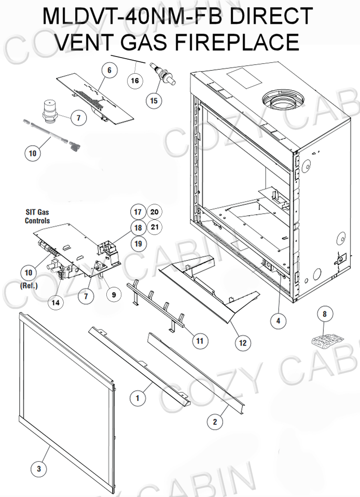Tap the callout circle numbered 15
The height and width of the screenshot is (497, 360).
(x=154, y=101)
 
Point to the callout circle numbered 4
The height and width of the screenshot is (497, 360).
(x=279, y=321)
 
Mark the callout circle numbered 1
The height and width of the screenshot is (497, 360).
(x=137, y=398)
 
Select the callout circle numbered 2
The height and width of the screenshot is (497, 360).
(x=215, y=422)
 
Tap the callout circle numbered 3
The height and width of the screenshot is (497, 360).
(x=38, y=469)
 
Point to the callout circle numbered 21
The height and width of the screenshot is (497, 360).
(x=154, y=227)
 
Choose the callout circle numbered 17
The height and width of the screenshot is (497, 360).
(x=137, y=212)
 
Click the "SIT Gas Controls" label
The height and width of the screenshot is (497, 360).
(x=37, y=216)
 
